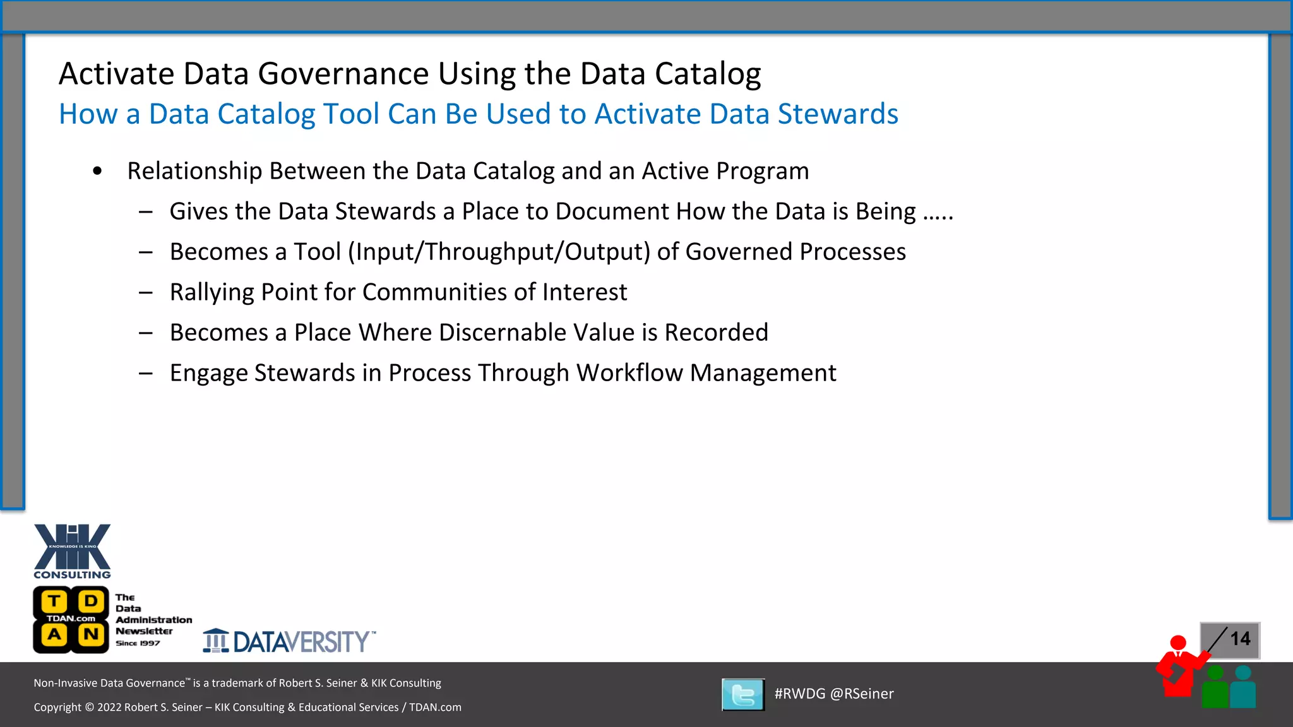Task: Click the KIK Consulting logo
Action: pos(72,550)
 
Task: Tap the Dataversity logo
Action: pos(289,641)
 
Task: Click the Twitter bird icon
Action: pos(743,695)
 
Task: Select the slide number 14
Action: pos(1240,639)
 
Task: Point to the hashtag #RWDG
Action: pos(799,694)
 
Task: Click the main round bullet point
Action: pos(97,171)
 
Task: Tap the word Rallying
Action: pos(212,292)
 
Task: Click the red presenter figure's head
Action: pos(1178,643)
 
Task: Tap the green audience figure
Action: pos(1215,688)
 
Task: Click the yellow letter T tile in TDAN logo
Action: pos(55,601)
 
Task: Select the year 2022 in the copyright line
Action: pos(109,707)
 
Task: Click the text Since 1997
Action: pos(138,643)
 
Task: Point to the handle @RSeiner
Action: pos(862,694)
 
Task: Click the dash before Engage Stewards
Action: pos(146,373)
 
